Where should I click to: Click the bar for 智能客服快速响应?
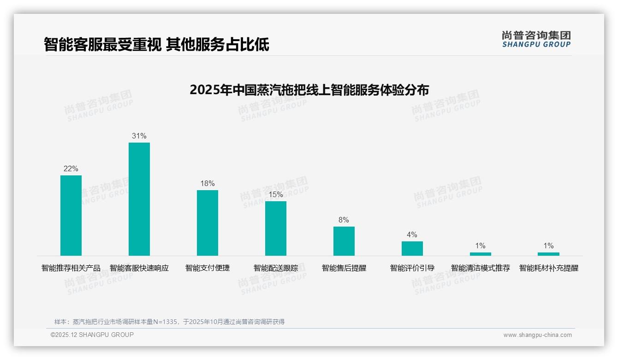[139, 199]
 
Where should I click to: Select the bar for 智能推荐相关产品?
[71, 216]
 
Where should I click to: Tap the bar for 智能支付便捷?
[208, 223]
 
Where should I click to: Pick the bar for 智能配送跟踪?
[276, 228]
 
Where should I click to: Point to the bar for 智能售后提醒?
[344, 241]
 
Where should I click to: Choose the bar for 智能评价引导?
[412, 248]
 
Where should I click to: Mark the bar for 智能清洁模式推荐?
[481, 254]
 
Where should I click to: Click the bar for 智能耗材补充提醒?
[548, 254]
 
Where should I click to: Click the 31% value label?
[139, 136]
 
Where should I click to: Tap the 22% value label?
[71, 168]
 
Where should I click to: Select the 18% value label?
[208, 183]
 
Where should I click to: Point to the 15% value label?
[276, 194]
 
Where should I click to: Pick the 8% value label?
[344, 220]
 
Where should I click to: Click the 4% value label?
[412, 234]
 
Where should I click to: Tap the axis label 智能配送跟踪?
[276, 268]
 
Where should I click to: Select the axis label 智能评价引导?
[412, 268]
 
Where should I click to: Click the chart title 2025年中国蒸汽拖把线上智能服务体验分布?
[309, 90]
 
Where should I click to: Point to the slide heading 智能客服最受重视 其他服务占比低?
[156, 45]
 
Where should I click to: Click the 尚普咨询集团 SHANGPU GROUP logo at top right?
[536, 39]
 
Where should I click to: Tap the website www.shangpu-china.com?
[537, 335]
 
